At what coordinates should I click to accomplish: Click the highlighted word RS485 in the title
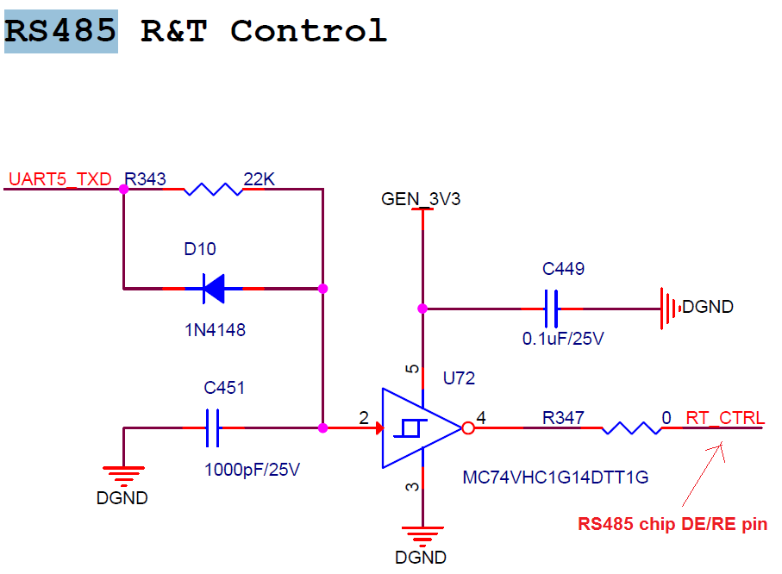[61, 31]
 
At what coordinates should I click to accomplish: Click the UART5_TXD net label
[60, 179]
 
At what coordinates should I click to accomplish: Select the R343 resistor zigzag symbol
[213, 189]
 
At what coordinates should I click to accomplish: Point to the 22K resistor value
[259, 179]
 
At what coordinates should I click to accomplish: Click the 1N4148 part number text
[214, 329]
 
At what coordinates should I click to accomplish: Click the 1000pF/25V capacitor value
[249, 471]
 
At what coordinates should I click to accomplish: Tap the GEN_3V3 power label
[422, 200]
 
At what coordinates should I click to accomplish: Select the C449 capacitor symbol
[552, 308]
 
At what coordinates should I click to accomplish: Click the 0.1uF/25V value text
[563, 339]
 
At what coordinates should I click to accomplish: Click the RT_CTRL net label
[725, 419]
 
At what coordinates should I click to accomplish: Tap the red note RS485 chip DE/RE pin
[673, 524]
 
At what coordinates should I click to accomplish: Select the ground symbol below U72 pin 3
[422, 536]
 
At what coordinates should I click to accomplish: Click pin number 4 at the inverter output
[481, 418]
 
